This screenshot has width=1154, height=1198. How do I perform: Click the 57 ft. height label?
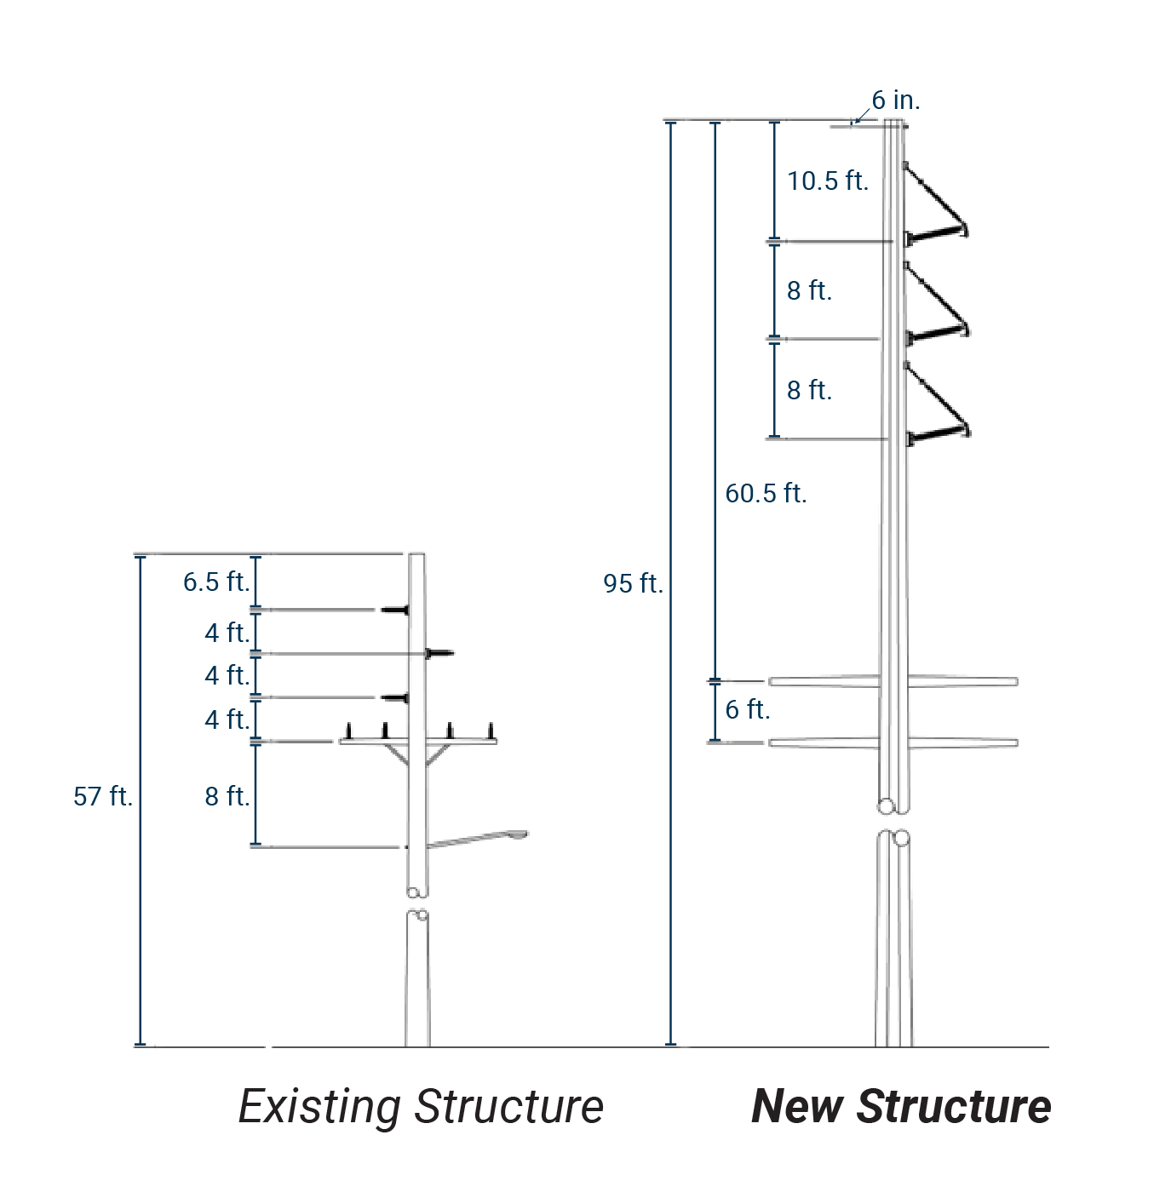coord(102,796)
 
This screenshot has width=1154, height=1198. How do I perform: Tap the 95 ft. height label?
coord(632,583)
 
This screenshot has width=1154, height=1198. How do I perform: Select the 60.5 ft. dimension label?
coord(765,493)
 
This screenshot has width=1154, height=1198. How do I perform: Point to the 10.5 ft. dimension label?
coord(827,181)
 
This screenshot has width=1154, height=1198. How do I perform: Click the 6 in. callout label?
coord(895,100)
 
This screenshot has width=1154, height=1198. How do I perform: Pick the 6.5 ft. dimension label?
coord(215,582)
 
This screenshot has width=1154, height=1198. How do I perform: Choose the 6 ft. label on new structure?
coord(747,709)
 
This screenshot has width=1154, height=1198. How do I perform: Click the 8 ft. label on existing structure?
coord(227,796)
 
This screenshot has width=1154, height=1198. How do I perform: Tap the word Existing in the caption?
coord(319,1106)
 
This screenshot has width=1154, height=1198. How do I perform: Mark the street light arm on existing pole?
coord(477,839)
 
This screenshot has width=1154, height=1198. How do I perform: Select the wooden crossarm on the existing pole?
coord(417,742)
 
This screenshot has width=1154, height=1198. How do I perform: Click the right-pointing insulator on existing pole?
coord(439,653)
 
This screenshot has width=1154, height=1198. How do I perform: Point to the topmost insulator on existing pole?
coord(393,610)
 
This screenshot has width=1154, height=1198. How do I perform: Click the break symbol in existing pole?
coord(416,903)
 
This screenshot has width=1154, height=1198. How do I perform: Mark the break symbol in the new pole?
coord(893,822)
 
